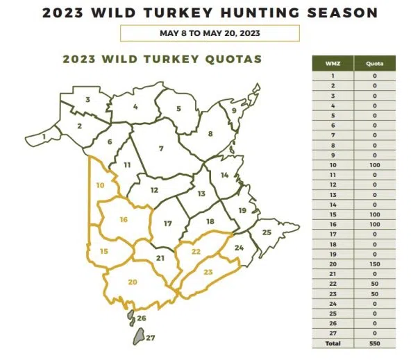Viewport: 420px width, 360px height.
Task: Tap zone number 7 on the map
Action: [160, 148]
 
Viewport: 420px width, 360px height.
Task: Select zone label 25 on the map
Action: [267, 232]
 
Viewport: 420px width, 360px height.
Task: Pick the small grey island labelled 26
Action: [130, 318]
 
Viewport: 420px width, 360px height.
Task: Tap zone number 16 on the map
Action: [124, 220]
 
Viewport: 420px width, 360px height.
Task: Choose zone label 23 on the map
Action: [208, 272]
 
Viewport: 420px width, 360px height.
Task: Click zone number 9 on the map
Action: [234, 110]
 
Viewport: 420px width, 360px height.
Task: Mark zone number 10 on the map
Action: [100, 185]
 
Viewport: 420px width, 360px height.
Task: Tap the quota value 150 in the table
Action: [374, 264]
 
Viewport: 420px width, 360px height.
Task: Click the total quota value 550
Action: [374, 343]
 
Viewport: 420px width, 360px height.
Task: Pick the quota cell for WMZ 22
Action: [374, 284]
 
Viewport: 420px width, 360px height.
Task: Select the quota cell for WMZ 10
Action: [374, 166]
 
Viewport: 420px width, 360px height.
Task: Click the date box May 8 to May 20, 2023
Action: [210, 33]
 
